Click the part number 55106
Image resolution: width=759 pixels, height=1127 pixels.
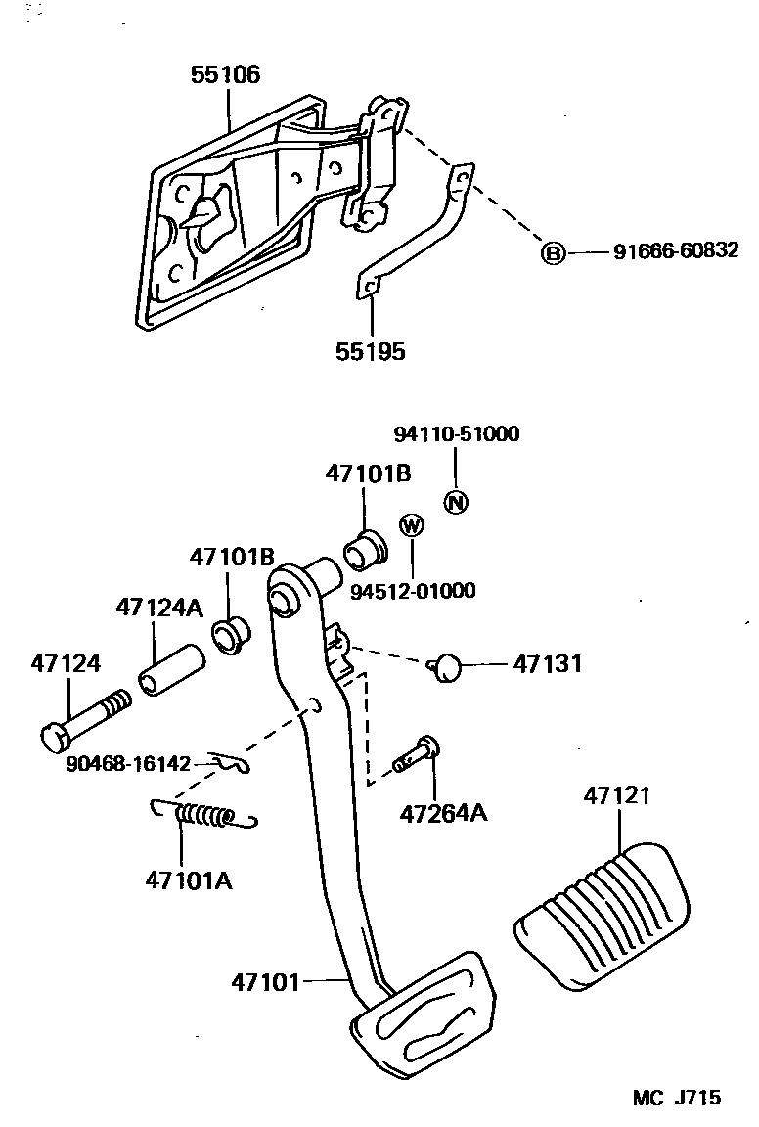pyautogui.click(x=225, y=74)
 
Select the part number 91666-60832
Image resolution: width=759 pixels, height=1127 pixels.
pyautogui.click(x=676, y=252)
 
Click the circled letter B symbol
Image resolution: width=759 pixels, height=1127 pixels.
pyautogui.click(x=554, y=253)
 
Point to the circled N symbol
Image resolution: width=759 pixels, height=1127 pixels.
pyautogui.click(x=456, y=502)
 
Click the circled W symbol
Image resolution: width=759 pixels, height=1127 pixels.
pyautogui.click(x=412, y=525)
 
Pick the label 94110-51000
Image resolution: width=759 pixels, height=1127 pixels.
pyautogui.click(x=456, y=434)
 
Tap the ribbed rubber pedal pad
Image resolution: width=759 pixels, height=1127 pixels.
pyautogui.click(x=603, y=906)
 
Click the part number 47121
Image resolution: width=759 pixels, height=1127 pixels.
pyautogui.click(x=617, y=796)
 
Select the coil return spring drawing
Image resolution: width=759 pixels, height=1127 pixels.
pyautogui.click(x=204, y=813)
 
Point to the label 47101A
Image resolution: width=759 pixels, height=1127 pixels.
pyautogui.click(x=189, y=879)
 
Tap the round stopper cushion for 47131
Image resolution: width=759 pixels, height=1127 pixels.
pyautogui.click(x=447, y=666)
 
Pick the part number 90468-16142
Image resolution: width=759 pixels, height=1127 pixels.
pyautogui.click(x=127, y=764)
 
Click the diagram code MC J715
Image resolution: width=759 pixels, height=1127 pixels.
pyautogui.click(x=676, y=1097)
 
